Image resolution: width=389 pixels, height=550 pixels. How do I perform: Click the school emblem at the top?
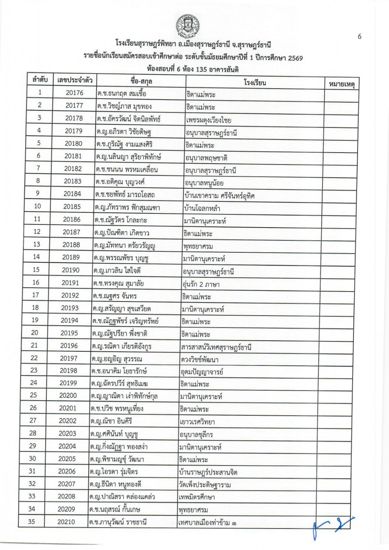[x=188, y=26]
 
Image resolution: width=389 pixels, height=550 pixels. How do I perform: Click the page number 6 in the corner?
[x=359, y=36]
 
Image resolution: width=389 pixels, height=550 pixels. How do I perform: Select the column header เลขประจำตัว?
[x=75, y=80]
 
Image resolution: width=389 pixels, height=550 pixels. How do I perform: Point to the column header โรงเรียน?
[x=255, y=82]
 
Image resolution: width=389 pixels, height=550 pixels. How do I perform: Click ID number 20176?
[x=74, y=93]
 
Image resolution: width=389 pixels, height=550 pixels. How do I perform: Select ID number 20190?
[x=71, y=270]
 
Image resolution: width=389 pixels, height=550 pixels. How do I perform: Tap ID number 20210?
[x=66, y=522]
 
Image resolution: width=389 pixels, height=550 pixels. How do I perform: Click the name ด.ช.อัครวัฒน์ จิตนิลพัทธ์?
[x=128, y=119]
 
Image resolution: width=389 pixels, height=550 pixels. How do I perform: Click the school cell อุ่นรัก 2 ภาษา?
[x=201, y=284]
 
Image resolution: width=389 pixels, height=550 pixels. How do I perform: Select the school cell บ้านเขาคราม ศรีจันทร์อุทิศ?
[x=219, y=196]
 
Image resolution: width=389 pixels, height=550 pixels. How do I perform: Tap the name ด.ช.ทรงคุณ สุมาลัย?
[x=118, y=283]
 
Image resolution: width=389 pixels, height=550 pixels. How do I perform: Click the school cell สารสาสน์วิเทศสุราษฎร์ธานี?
[x=216, y=347]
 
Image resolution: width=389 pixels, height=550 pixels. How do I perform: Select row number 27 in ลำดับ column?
[x=33, y=420]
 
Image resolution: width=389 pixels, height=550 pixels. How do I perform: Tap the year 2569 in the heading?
[x=295, y=58]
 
